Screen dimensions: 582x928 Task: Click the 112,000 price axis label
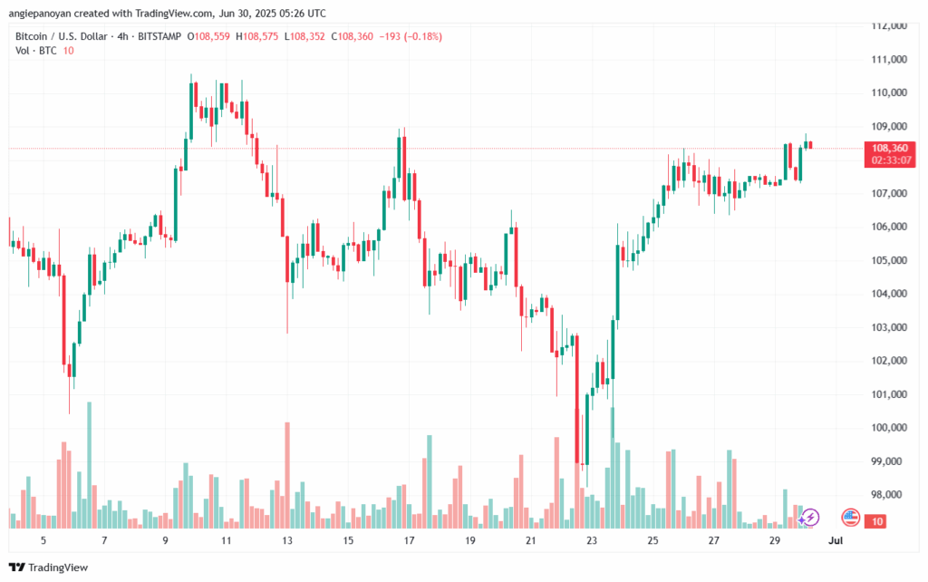889,25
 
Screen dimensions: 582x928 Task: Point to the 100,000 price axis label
889,428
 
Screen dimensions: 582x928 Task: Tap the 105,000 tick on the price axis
889,260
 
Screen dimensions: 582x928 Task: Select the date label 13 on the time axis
287,540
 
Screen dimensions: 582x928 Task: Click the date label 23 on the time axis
592,540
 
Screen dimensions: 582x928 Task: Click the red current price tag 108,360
890,147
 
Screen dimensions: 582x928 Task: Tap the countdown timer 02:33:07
890,160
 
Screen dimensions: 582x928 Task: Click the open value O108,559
209,36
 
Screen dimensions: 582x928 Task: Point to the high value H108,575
257,36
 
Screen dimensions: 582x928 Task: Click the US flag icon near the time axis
850,517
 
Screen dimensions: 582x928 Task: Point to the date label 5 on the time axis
43,540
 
